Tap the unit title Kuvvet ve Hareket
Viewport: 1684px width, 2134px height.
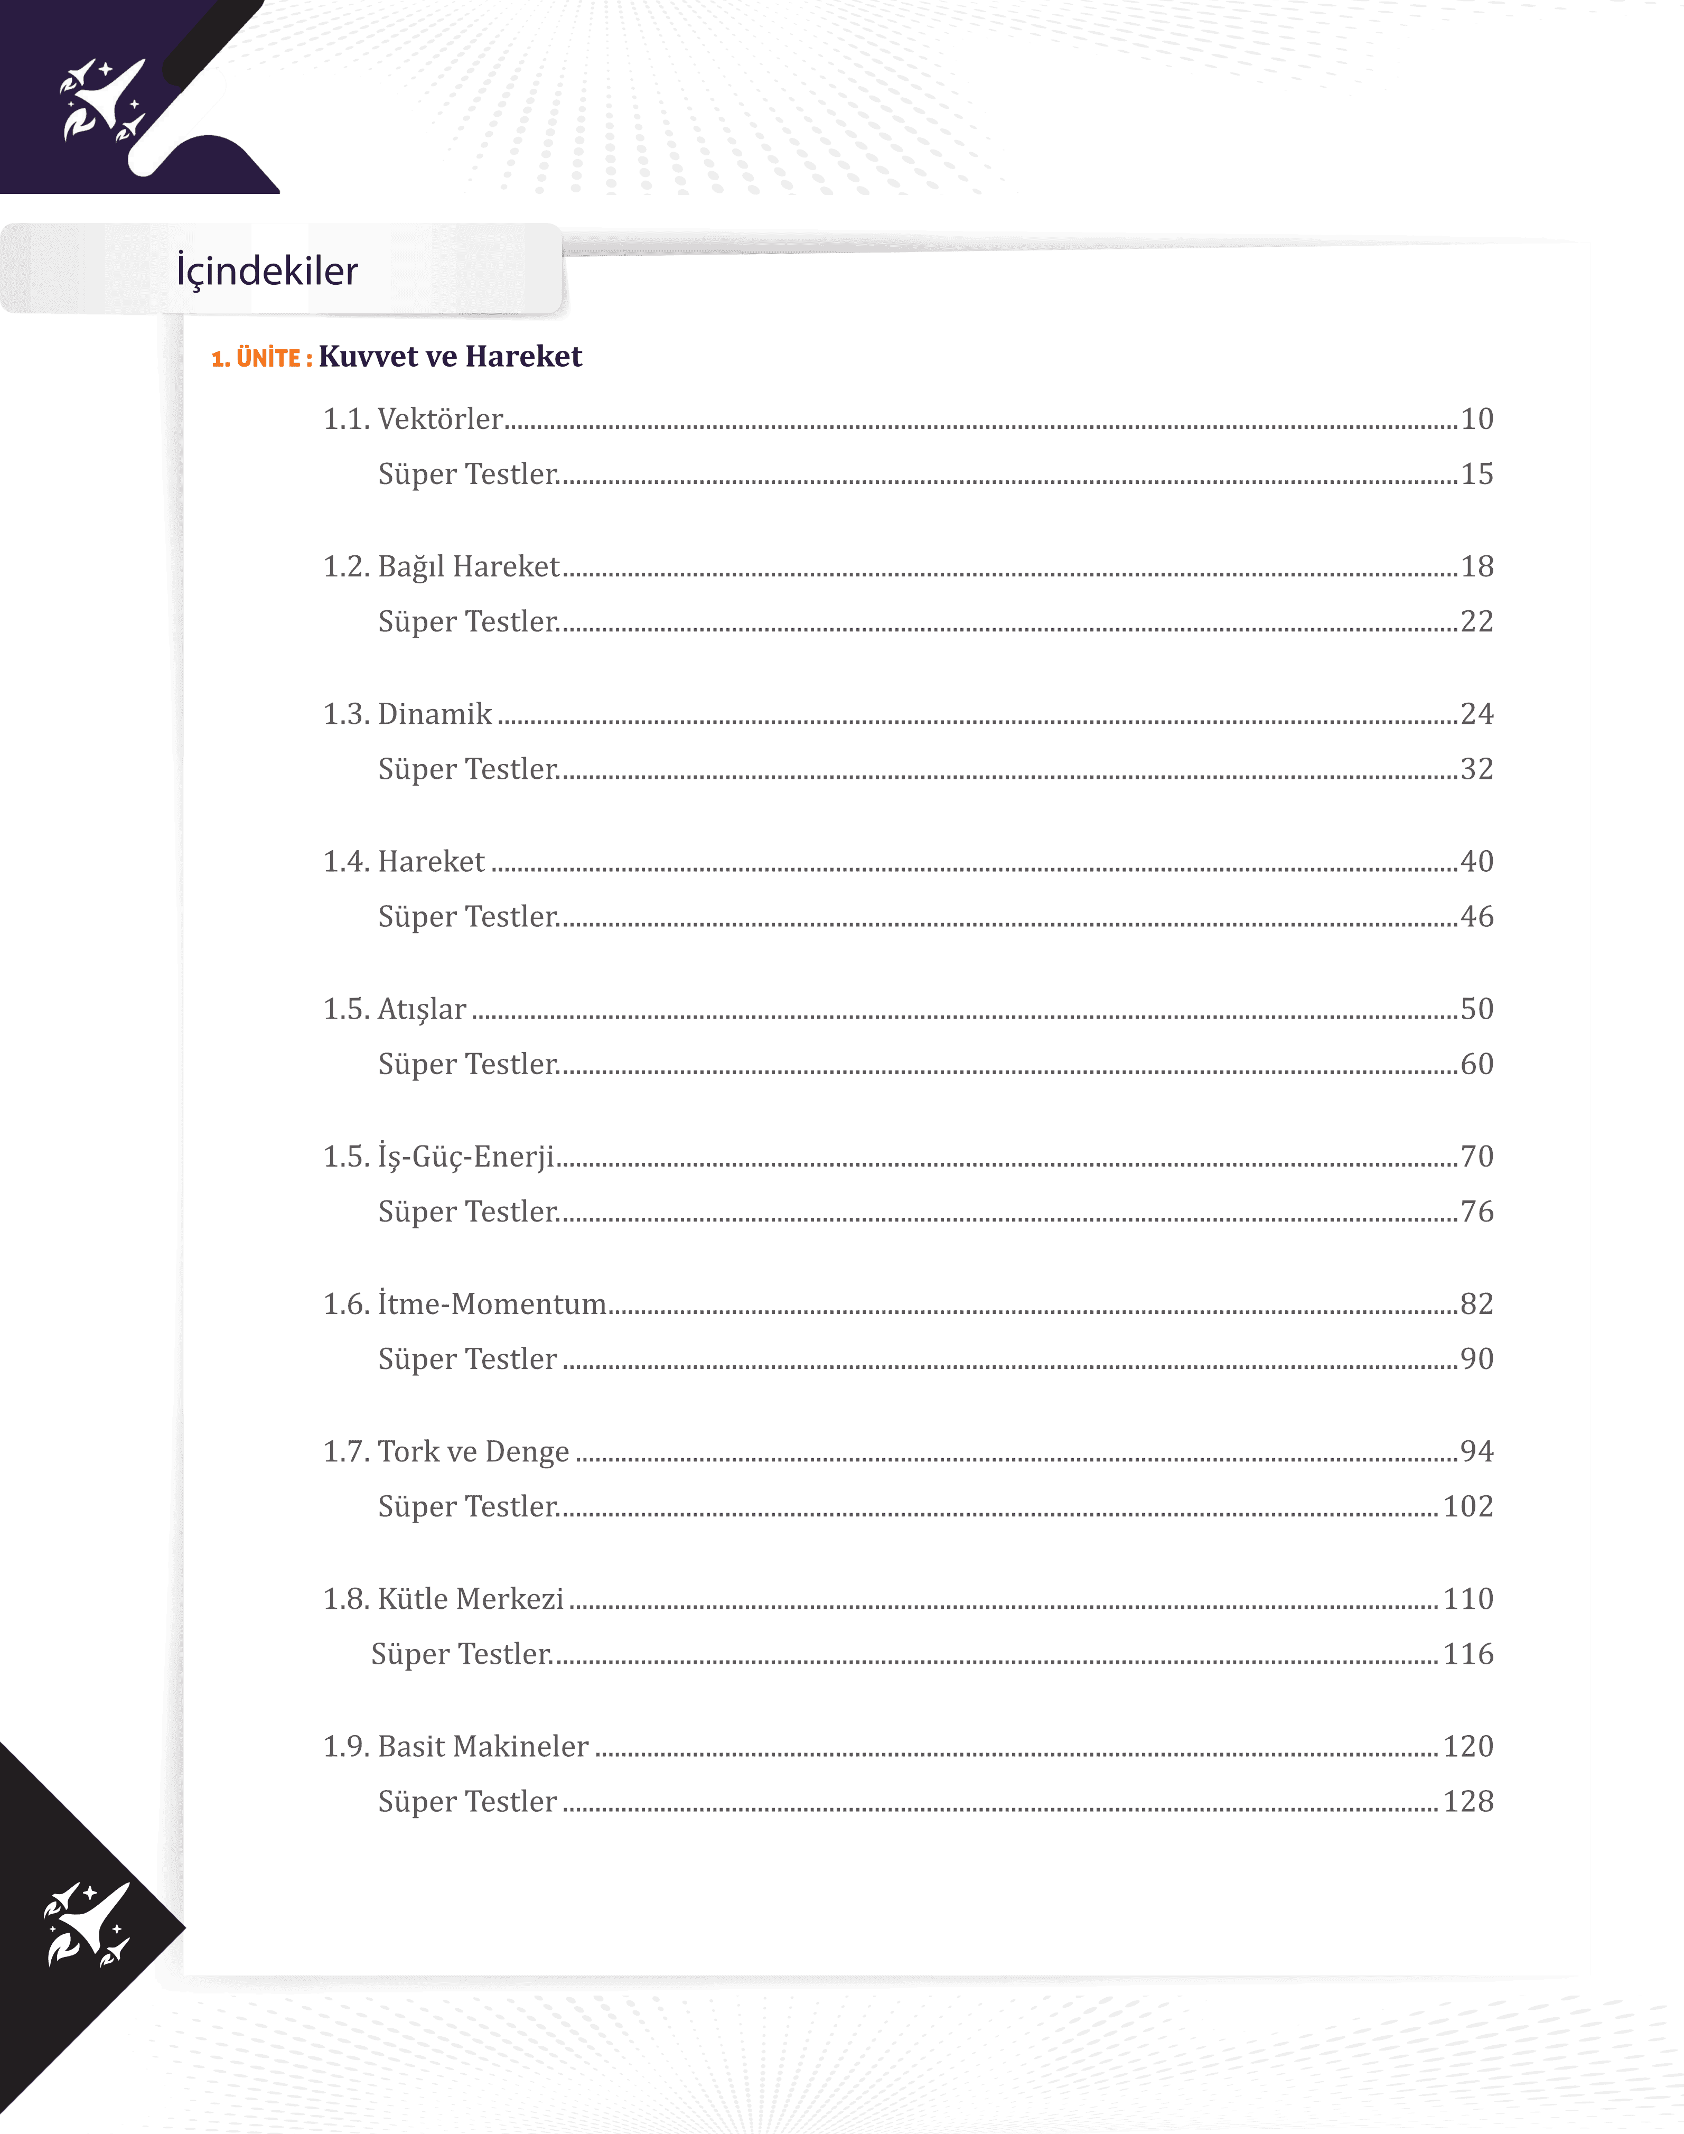(451, 356)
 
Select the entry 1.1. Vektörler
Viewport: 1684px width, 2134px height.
(414, 419)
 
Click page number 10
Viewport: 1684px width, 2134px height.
(1476, 419)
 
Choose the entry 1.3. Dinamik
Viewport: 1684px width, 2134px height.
(407, 714)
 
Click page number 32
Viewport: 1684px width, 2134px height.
(1476, 769)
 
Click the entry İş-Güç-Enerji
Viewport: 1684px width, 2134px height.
(465, 1157)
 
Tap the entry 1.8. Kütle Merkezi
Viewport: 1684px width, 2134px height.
(444, 1599)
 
